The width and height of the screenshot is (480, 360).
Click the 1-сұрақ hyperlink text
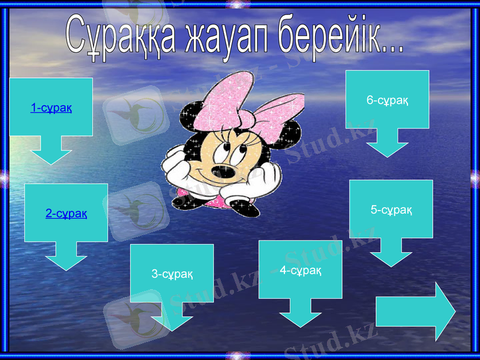point(51,108)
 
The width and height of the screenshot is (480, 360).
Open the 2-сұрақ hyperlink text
point(66,213)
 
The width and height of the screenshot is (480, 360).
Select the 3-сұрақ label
point(172,274)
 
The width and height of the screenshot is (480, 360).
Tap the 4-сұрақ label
point(301,271)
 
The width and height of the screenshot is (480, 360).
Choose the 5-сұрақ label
point(391,209)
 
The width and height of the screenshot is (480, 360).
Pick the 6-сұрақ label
point(388,100)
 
